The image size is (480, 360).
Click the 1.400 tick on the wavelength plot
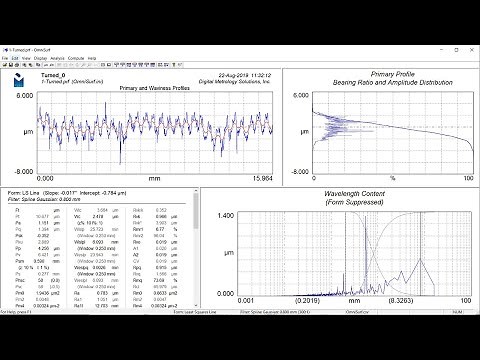point(221,215)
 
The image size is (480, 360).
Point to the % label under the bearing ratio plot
point(393,178)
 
